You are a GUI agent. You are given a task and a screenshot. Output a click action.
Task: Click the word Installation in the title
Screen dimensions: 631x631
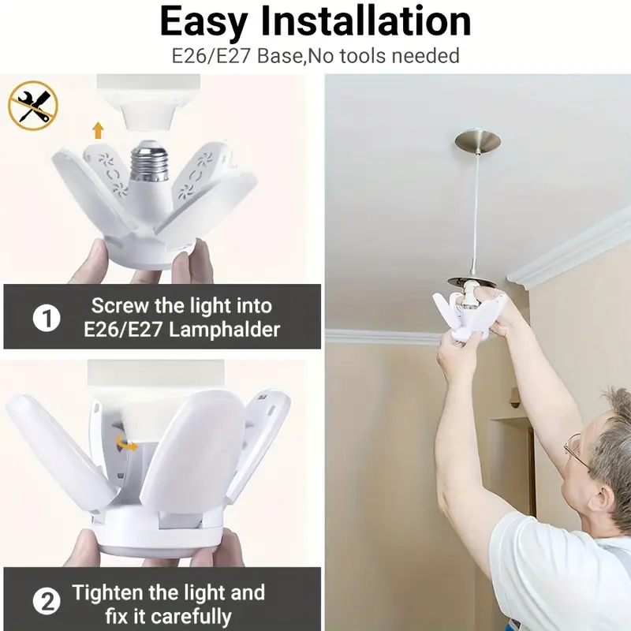tap(366, 22)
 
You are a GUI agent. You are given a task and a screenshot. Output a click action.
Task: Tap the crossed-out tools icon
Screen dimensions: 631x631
tap(33, 106)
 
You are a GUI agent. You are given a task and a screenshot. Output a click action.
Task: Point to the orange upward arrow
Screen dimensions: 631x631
tap(98, 131)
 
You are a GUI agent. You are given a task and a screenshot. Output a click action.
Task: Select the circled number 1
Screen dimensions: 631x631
tap(47, 319)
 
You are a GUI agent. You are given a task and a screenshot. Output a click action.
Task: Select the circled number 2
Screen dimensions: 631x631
tap(47, 603)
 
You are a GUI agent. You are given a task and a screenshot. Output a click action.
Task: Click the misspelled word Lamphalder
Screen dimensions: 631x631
tap(224, 330)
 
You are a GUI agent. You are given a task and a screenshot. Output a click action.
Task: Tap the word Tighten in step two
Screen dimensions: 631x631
tap(108, 592)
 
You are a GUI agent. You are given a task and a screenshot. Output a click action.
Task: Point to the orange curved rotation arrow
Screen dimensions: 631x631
tap(125, 443)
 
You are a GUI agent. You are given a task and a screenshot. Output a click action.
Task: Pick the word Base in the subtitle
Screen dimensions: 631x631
tap(280, 55)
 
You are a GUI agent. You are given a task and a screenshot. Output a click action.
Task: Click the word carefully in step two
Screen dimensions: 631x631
tap(191, 617)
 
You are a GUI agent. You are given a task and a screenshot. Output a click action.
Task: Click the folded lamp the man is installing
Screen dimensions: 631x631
tap(469, 314)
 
